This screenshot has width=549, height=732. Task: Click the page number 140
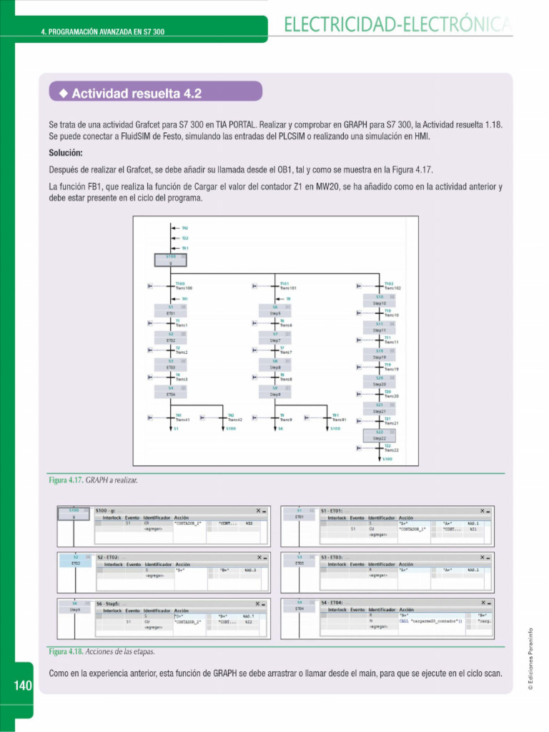[x=22, y=686]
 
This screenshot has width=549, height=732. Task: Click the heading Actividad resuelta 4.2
[x=136, y=94]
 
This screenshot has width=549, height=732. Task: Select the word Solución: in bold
[x=66, y=153]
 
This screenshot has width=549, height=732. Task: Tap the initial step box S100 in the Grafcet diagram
[x=171, y=259]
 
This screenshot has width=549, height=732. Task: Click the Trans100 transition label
[x=184, y=287]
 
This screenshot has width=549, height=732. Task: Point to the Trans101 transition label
[x=288, y=287]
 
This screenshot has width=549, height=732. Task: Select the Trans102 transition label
[x=392, y=287]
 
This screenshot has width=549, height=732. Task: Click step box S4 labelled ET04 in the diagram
[x=171, y=391]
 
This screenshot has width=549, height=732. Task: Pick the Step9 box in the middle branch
[x=275, y=394]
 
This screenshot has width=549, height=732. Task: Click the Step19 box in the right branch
[x=380, y=357]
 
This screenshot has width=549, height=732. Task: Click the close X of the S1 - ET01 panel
[x=481, y=511]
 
